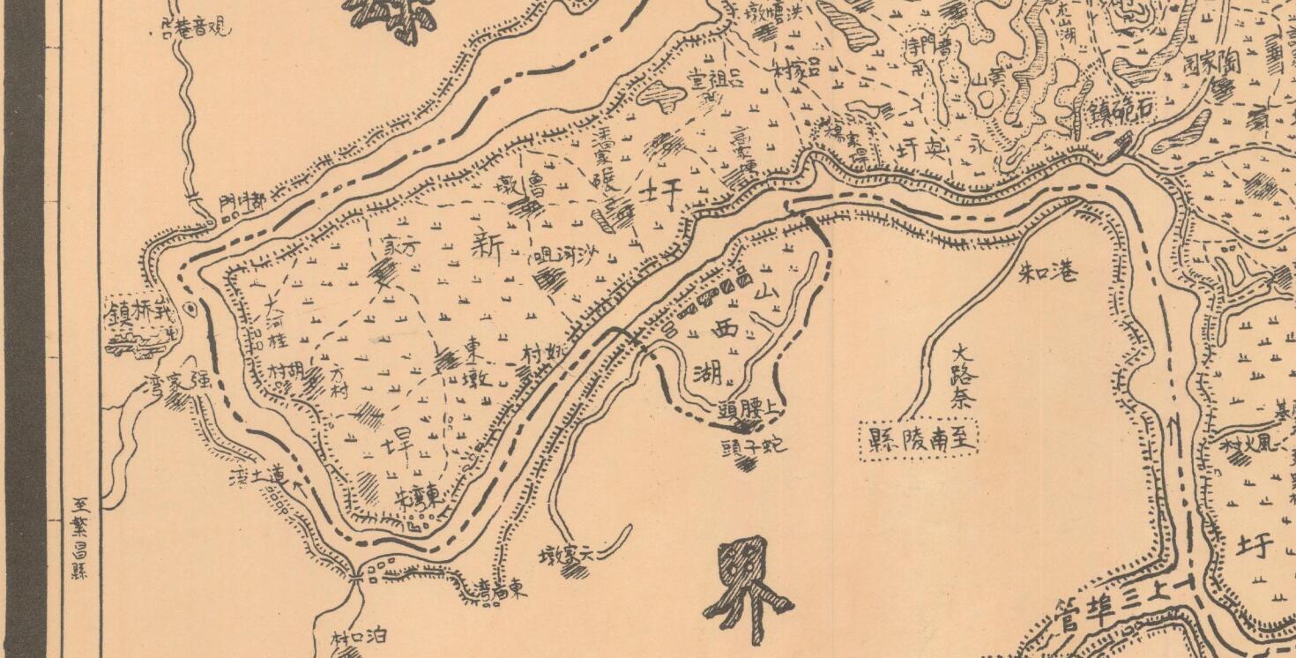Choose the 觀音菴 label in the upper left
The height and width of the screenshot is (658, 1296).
(x=197, y=28)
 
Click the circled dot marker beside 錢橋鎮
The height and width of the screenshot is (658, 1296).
(x=191, y=310)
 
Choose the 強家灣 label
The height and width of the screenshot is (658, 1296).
(x=176, y=385)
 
